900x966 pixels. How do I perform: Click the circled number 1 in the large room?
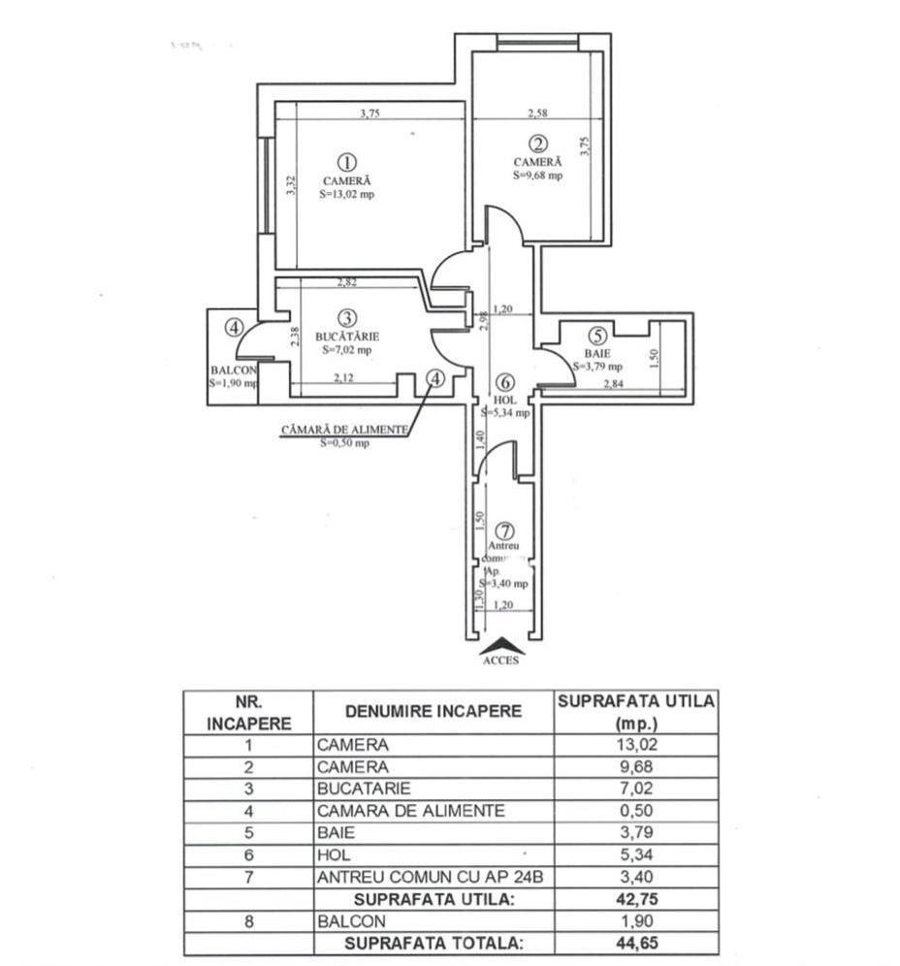(346, 162)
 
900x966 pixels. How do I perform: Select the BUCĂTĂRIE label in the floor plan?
(346, 336)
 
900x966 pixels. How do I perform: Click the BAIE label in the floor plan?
(597, 353)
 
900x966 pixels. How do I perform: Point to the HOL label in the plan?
(504, 400)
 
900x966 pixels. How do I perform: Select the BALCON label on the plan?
(233, 370)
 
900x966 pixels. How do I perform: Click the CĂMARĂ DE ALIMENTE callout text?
(343, 430)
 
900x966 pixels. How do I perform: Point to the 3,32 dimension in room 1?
(290, 185)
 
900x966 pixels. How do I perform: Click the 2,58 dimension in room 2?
(536, 113)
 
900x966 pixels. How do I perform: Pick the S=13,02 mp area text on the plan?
(346, 194)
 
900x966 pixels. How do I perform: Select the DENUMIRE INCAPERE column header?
(433, 711)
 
